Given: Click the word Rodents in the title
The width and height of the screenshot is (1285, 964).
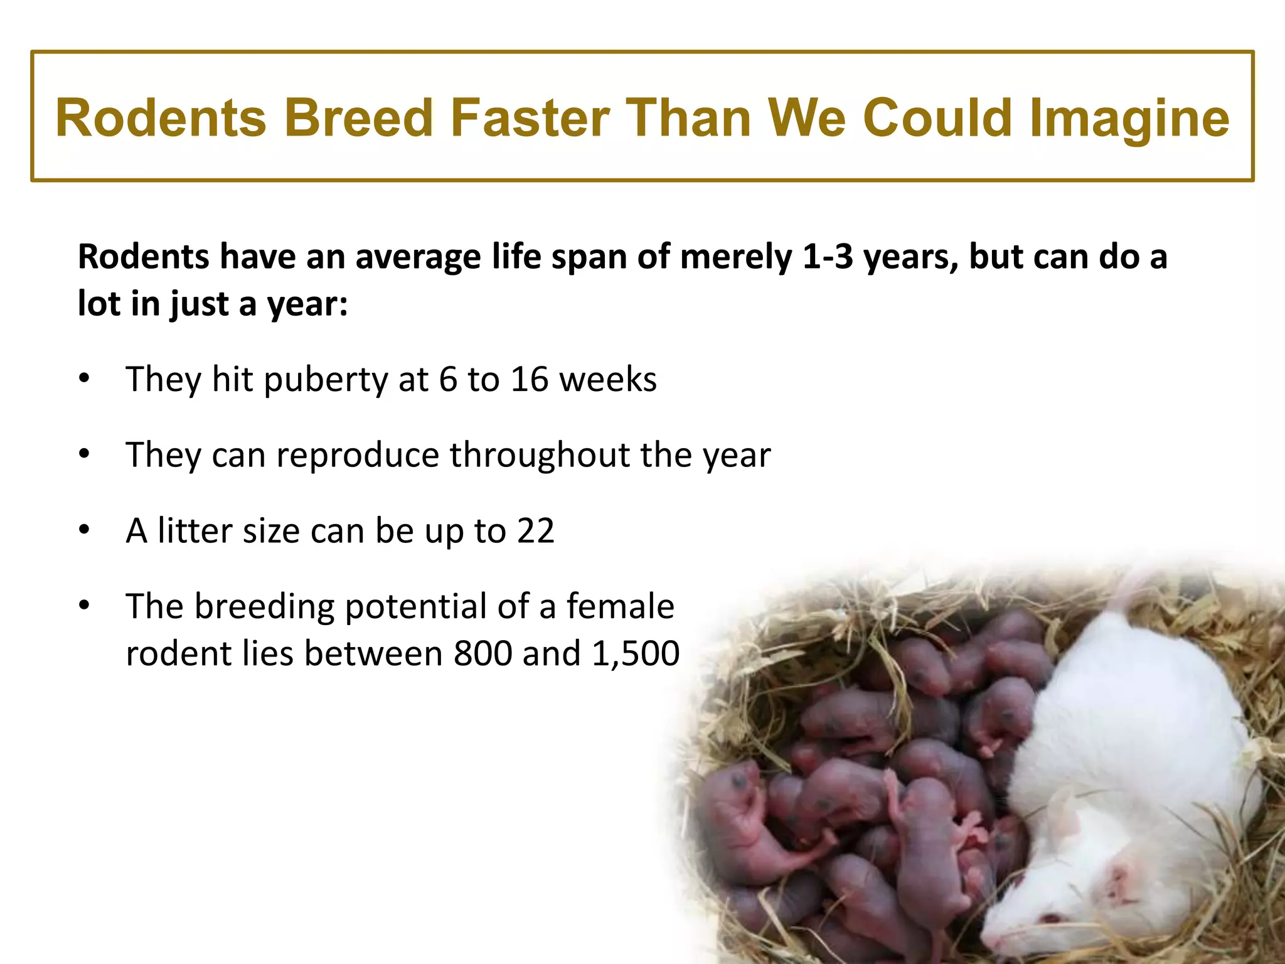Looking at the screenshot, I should [161, 118].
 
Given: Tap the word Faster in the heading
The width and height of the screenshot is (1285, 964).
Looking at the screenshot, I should [530, 118].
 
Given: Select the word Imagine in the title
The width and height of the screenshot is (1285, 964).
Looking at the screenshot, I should [1129, 118].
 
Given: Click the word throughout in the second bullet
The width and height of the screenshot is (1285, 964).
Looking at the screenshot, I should [540, 454].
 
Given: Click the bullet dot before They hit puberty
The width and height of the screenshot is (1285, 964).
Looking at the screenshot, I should [85, 378].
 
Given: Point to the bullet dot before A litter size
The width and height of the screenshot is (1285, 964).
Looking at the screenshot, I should [85, 530].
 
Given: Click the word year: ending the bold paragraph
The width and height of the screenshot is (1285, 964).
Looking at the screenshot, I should [307, 304].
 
